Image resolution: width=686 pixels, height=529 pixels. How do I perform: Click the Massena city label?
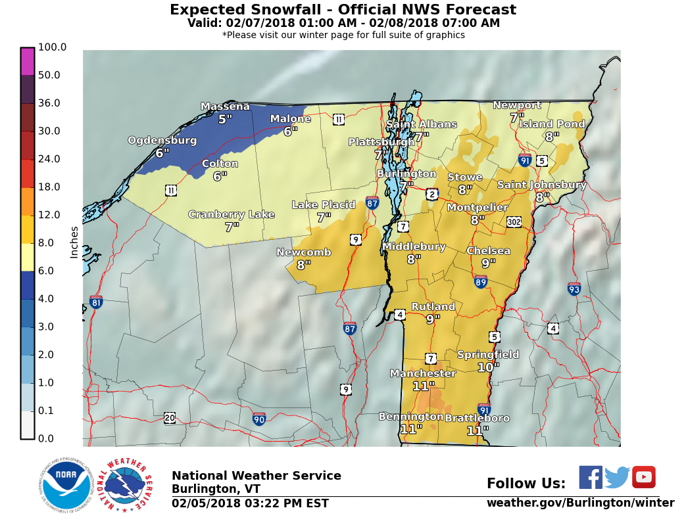[x=225, y=106]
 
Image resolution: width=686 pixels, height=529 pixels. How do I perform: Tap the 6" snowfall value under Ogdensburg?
[x=162, y=152]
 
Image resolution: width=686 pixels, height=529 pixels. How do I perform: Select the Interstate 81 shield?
[x=96, y=302]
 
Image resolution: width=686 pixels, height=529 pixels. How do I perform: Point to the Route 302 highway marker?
[x=514, y=222]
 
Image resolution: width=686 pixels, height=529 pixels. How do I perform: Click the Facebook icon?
[x=590, y=477]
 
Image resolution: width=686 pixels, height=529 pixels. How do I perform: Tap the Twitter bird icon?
[x=617, y=477]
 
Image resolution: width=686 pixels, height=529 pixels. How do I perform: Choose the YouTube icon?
[x=644, y=477]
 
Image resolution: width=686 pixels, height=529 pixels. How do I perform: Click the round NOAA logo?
[x=64, y=484]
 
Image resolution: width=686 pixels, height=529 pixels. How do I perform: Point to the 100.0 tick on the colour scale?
[x=52, y=47]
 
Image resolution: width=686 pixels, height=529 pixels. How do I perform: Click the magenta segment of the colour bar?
[x=27, y=61]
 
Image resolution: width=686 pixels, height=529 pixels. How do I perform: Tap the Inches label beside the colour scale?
[x=74, y=242]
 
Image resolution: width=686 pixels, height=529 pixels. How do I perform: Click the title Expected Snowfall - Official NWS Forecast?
[x=343, y=10]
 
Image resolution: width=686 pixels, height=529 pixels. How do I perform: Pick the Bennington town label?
[x=410, y=417]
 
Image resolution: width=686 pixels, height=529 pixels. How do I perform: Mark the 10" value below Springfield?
[x=488, y=367]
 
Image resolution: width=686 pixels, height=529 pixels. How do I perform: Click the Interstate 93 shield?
[x=574, y=288]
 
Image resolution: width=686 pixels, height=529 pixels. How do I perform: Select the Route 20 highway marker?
[x=170, y=418]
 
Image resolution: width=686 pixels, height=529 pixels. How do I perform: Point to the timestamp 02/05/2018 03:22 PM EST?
[x=250, y=503]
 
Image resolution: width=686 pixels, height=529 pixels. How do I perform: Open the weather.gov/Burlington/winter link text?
[x=580, y=503]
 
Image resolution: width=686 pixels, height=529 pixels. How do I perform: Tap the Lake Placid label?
[x=324, y=205]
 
